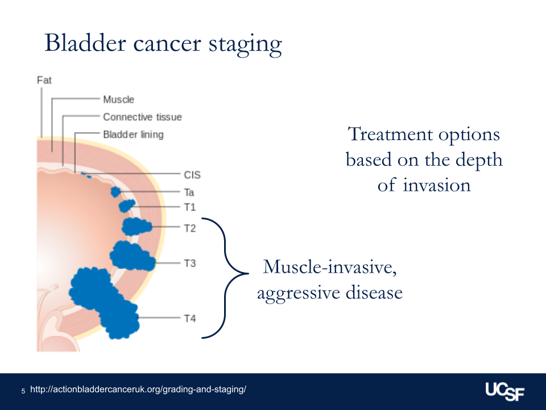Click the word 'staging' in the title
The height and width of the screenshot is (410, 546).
point(245,44)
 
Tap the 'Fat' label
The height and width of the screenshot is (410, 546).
point(44,80)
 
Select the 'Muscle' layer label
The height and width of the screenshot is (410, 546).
point(118,99)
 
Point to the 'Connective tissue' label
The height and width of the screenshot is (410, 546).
point(142,117)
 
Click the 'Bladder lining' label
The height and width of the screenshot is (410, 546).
point(133,134)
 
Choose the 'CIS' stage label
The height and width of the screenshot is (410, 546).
point(192,175)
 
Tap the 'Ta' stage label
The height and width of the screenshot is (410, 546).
point(189,192)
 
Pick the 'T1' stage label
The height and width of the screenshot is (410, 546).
point(190,207)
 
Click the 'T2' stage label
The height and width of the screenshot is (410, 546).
point(190,228)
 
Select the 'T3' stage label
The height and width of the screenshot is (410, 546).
point(190,263)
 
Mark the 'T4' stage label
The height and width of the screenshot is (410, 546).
point(190,318)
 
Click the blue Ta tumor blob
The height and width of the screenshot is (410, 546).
point(115,192)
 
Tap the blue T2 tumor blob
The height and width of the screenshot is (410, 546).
point(136,226)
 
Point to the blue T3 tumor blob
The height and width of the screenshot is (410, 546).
point(132,256)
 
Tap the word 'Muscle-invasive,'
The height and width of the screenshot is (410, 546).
point(330,268)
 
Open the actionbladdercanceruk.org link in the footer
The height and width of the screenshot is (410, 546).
point(138,389)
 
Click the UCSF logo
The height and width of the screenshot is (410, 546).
point(505,392)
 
